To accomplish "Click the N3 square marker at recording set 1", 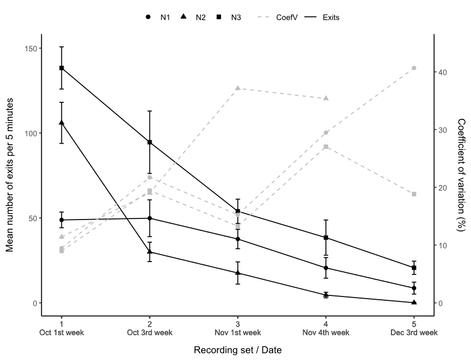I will (x=61, y=68).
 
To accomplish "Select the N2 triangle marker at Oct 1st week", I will (x=61, y=123).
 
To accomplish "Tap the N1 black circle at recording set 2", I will (x=149, y=218).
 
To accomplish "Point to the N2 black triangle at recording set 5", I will (x=414, y=302).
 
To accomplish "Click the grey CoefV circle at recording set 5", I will (x=414, y=68).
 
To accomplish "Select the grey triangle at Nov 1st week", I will (x=238, y=88).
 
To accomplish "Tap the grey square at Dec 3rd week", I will (x=414, y=194).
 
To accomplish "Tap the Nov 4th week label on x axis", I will (x=326, y=333).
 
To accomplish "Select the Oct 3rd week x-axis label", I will (x=149, y=333).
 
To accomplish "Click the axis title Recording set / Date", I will (x=237, y=350).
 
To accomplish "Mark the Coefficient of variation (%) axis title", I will (x=461, y=175).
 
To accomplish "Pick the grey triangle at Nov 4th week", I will (x=326, y=98).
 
